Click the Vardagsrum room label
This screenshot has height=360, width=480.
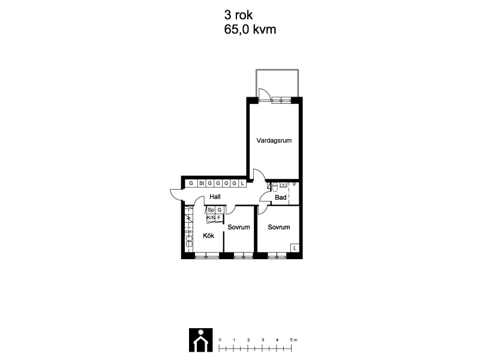tap(274, 141)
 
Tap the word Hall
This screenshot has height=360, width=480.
tap(215, 197)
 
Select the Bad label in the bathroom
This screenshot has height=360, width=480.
tap(280, 197)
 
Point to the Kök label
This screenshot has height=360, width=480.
tap(208, 236)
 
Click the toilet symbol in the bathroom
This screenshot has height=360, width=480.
tap(275, 187)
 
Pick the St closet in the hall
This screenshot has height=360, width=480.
tap(202, 184)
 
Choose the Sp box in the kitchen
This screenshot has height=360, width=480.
tap(211, 210)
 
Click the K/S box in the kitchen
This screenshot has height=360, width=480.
tap(211, 218)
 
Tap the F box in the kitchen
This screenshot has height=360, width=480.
tap(219, 218)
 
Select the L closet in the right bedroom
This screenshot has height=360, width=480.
tap(295, 248)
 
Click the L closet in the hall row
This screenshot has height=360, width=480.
tap(242, 184)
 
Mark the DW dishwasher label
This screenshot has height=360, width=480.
tap(189, 232)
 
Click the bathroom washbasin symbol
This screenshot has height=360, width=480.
tap(283, 185)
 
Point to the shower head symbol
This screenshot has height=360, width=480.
tap(294, 184)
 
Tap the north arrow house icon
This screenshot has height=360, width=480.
tap(201, 340)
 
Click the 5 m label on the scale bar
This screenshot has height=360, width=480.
tap(293, 340)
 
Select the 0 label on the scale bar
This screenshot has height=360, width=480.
tap(220, 340)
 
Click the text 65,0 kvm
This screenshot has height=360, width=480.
tap(250, 29)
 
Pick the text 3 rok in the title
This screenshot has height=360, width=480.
tap(238, 14)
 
